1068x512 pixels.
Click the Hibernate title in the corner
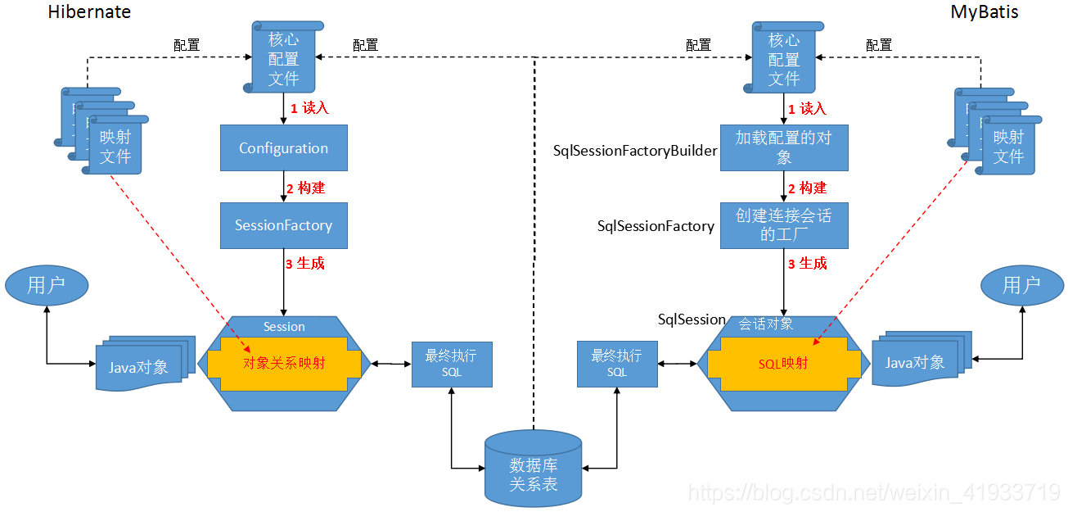pyautogui.click(x=89, y=12)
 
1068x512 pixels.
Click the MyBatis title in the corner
pyautogui.click(x=984, y=12)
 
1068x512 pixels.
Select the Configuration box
pyautogui.click(x=283, y=148)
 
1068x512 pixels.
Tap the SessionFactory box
pyautogui.click(x=283, y=225)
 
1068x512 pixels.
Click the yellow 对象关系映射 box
pyautogui.click(x=283, y=363)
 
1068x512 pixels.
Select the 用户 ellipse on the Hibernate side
pyautogui.click(x=47, y=285)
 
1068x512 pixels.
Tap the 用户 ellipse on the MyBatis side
pyautogui.click(x=1021, y=285)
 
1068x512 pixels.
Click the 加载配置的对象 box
pyautogui.click(x=783, y=147)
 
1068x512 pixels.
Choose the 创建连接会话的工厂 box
pyautogui.click(x=783, y=225)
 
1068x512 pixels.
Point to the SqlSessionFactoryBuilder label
pyautogui.click(x=635, y=151)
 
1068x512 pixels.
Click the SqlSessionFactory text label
pyautogui.click(x=656, y=226)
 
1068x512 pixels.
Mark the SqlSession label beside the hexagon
pyautogui.click(x=692, y=319)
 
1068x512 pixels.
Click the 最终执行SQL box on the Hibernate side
pyautogui.click(x=451, y=363)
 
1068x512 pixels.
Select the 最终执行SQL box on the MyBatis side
pyautogui.click(x=616, y=363)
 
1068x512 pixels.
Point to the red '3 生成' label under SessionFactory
pyautogui.click(x=304, y=264)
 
